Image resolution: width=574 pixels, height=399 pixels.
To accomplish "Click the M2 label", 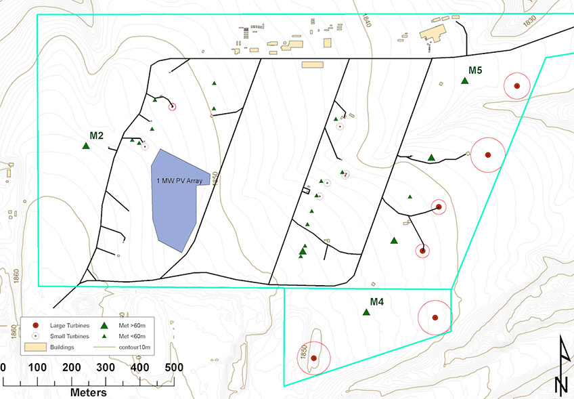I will (96, 135).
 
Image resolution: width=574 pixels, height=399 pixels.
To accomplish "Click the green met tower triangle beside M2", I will (86, 146).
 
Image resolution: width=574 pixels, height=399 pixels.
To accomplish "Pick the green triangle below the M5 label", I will (465, 81).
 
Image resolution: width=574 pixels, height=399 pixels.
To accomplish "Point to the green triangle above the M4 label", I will (366, 312).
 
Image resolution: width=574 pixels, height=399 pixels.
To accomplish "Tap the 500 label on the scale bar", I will (173, 367).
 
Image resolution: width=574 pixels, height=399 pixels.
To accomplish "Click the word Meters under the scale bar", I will (89, 392).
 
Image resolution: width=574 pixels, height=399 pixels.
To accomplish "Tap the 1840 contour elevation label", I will (366, 20).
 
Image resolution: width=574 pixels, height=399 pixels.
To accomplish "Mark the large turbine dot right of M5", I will (516, 86).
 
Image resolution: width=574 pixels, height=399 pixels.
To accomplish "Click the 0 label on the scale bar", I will (3, 367).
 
